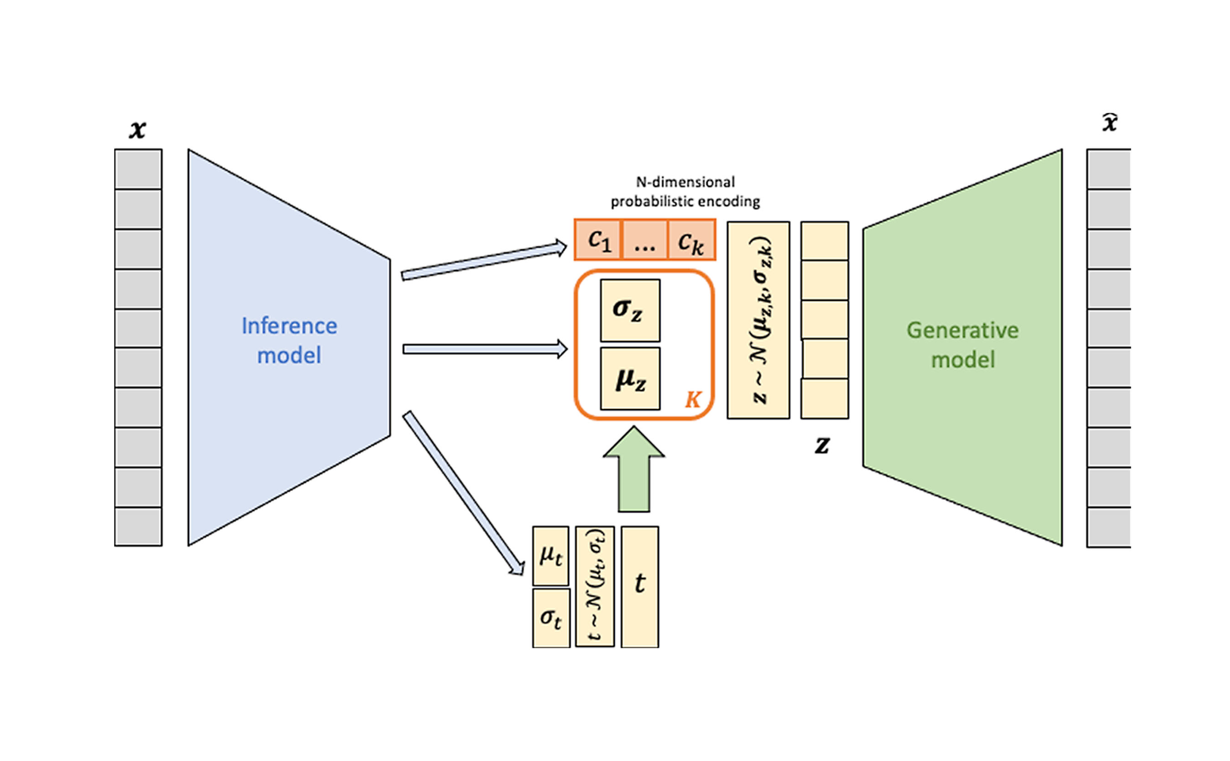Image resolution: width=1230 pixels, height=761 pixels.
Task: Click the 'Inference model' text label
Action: coord(289,340)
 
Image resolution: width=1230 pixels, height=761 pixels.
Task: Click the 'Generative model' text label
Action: coord(962,345)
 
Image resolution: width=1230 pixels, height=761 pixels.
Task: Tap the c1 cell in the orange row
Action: coord(599,240)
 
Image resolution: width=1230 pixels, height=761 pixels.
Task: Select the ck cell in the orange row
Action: coord(691,240)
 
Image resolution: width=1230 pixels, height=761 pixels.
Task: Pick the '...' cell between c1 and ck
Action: coord(645,240)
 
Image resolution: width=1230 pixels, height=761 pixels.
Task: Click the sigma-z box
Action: coord(630,310)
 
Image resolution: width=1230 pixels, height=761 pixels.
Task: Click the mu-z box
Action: coord(630,379)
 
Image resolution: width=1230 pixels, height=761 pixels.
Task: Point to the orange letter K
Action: coord(693,400)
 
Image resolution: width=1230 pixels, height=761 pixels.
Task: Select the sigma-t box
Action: coord(551,618)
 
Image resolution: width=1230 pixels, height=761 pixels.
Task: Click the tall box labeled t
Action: coord(639,587)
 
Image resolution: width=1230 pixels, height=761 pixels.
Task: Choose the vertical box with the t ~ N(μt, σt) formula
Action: coord(595,587)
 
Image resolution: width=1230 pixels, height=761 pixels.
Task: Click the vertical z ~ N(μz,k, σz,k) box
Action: coord(758,320)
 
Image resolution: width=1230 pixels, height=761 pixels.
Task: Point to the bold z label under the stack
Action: coord(822,445)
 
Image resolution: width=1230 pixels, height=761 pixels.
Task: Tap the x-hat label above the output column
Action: coord(1110,123)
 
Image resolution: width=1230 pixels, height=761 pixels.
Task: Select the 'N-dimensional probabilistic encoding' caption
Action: coord(685,192)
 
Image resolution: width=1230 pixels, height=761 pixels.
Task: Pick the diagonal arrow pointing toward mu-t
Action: coord(463,493)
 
